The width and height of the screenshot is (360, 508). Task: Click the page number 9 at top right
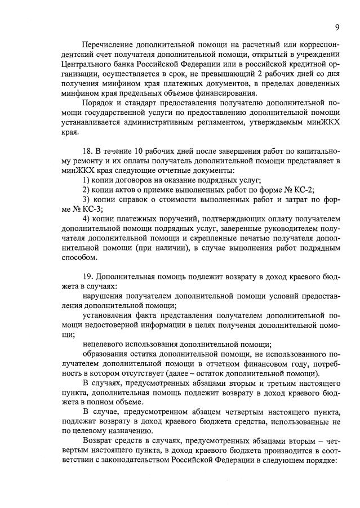(x=336, y=27)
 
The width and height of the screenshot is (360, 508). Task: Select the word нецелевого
(x=104, y=346)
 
